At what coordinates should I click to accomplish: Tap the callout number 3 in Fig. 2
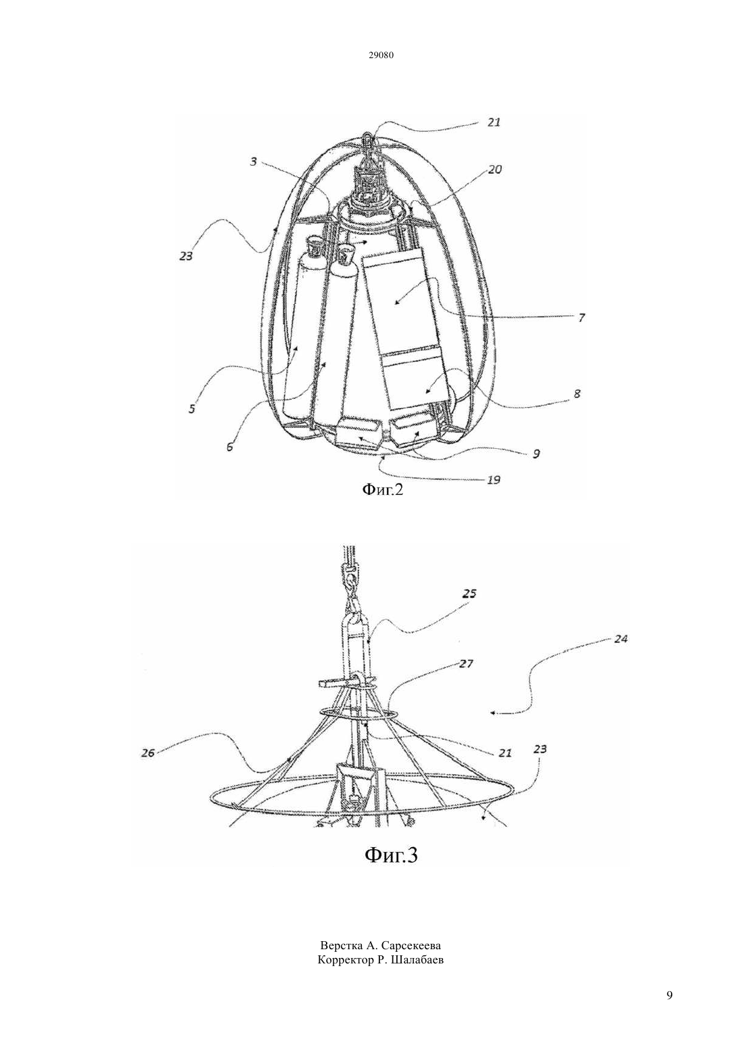[x=254, y=162]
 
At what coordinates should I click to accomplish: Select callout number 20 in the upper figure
[x=494, y=169]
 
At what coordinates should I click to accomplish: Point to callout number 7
[x=582, y=318]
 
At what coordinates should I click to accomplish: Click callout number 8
[x=577, y=393]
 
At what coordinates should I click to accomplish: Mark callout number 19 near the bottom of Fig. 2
[x=492, y=479]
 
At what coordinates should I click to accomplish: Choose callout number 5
[x=192, y=408]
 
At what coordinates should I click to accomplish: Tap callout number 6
[x=230, y=447]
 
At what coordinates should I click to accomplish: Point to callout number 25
[x=469, y=594]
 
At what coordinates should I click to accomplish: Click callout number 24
[x=620, y=639]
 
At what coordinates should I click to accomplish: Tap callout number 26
[x=147, y=753]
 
